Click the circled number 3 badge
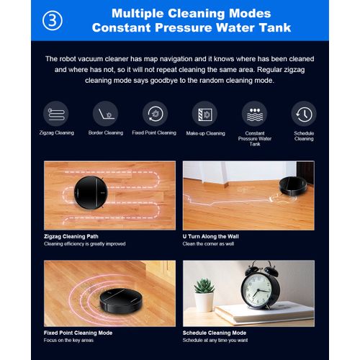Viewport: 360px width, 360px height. point(53,20)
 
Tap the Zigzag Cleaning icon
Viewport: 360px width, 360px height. point(56,114)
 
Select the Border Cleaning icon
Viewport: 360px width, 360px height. point(106,114)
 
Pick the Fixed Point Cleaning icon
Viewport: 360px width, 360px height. point(155,114)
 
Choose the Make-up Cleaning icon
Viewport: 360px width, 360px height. point(204,114)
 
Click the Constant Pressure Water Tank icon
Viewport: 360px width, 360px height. point(254,114)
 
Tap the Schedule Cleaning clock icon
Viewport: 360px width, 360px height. point(304,114)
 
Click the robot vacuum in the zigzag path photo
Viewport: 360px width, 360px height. point(91,193)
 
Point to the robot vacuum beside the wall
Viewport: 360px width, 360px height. point(293,186)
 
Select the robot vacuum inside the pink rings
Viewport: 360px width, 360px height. point(121,300)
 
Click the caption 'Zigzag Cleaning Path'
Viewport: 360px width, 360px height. point(71,236)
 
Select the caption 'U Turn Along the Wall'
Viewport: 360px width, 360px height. point(210,236)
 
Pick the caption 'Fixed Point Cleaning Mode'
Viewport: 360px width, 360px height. point(78,333)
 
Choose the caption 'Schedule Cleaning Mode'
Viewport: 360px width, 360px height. point(215,333)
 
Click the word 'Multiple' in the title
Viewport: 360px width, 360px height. point(138,14)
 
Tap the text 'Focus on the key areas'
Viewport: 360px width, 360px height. point(68,340)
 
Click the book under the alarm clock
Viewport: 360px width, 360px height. point(264,312)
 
